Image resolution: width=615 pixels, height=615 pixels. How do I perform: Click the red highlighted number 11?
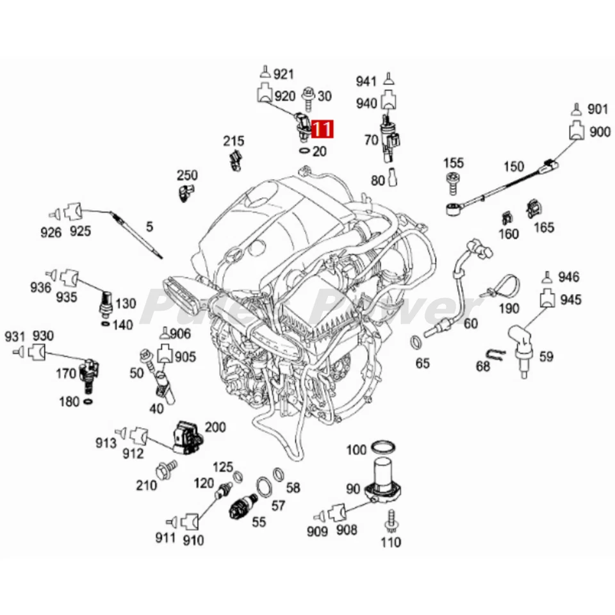[322, 129]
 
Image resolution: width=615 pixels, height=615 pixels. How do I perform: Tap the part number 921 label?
[284, 74]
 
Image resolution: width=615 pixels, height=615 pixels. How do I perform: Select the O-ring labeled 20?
[304, 151]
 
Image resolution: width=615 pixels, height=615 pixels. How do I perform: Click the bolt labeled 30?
[309, 95]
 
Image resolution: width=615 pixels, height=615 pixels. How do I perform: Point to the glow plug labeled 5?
[136, 234]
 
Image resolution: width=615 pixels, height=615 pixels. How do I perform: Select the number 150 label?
[513, 167]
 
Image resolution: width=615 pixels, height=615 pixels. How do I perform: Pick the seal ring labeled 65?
[414, 340]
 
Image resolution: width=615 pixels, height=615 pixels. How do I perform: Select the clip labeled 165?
[532, 209]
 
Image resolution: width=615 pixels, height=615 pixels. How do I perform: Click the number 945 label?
[571, 299]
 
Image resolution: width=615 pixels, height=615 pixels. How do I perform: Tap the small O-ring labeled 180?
[88, 402]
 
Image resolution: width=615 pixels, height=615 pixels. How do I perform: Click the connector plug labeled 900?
[576, 132]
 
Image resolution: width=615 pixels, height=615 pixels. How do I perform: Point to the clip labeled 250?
[185, 191]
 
